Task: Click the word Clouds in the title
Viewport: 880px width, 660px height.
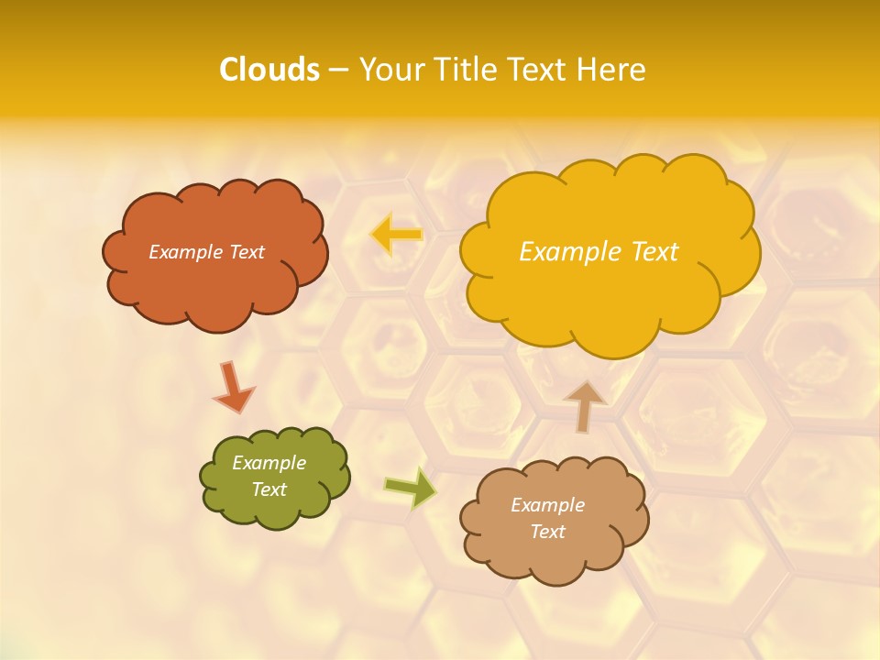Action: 269,70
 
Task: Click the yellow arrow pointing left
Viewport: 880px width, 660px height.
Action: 396,235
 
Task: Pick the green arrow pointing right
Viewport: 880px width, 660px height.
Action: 411,489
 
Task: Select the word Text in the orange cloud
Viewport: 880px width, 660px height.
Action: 247,252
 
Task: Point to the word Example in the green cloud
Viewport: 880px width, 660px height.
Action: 269,463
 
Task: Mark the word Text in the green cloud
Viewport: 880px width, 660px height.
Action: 269,489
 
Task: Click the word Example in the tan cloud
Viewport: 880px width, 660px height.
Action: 547,505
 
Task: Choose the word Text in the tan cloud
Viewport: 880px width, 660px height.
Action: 547,532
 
